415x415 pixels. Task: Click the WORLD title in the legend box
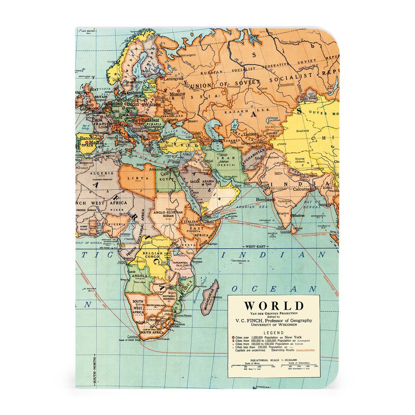click(x=274, y=305)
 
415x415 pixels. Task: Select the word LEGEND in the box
click(x=274, y=332)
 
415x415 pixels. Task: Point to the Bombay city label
click(x=264, y=199)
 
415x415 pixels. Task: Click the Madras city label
click(x=298, y=215)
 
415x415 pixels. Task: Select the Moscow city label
click(x=177, y=94)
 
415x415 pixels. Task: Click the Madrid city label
click(x=96, y=143)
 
